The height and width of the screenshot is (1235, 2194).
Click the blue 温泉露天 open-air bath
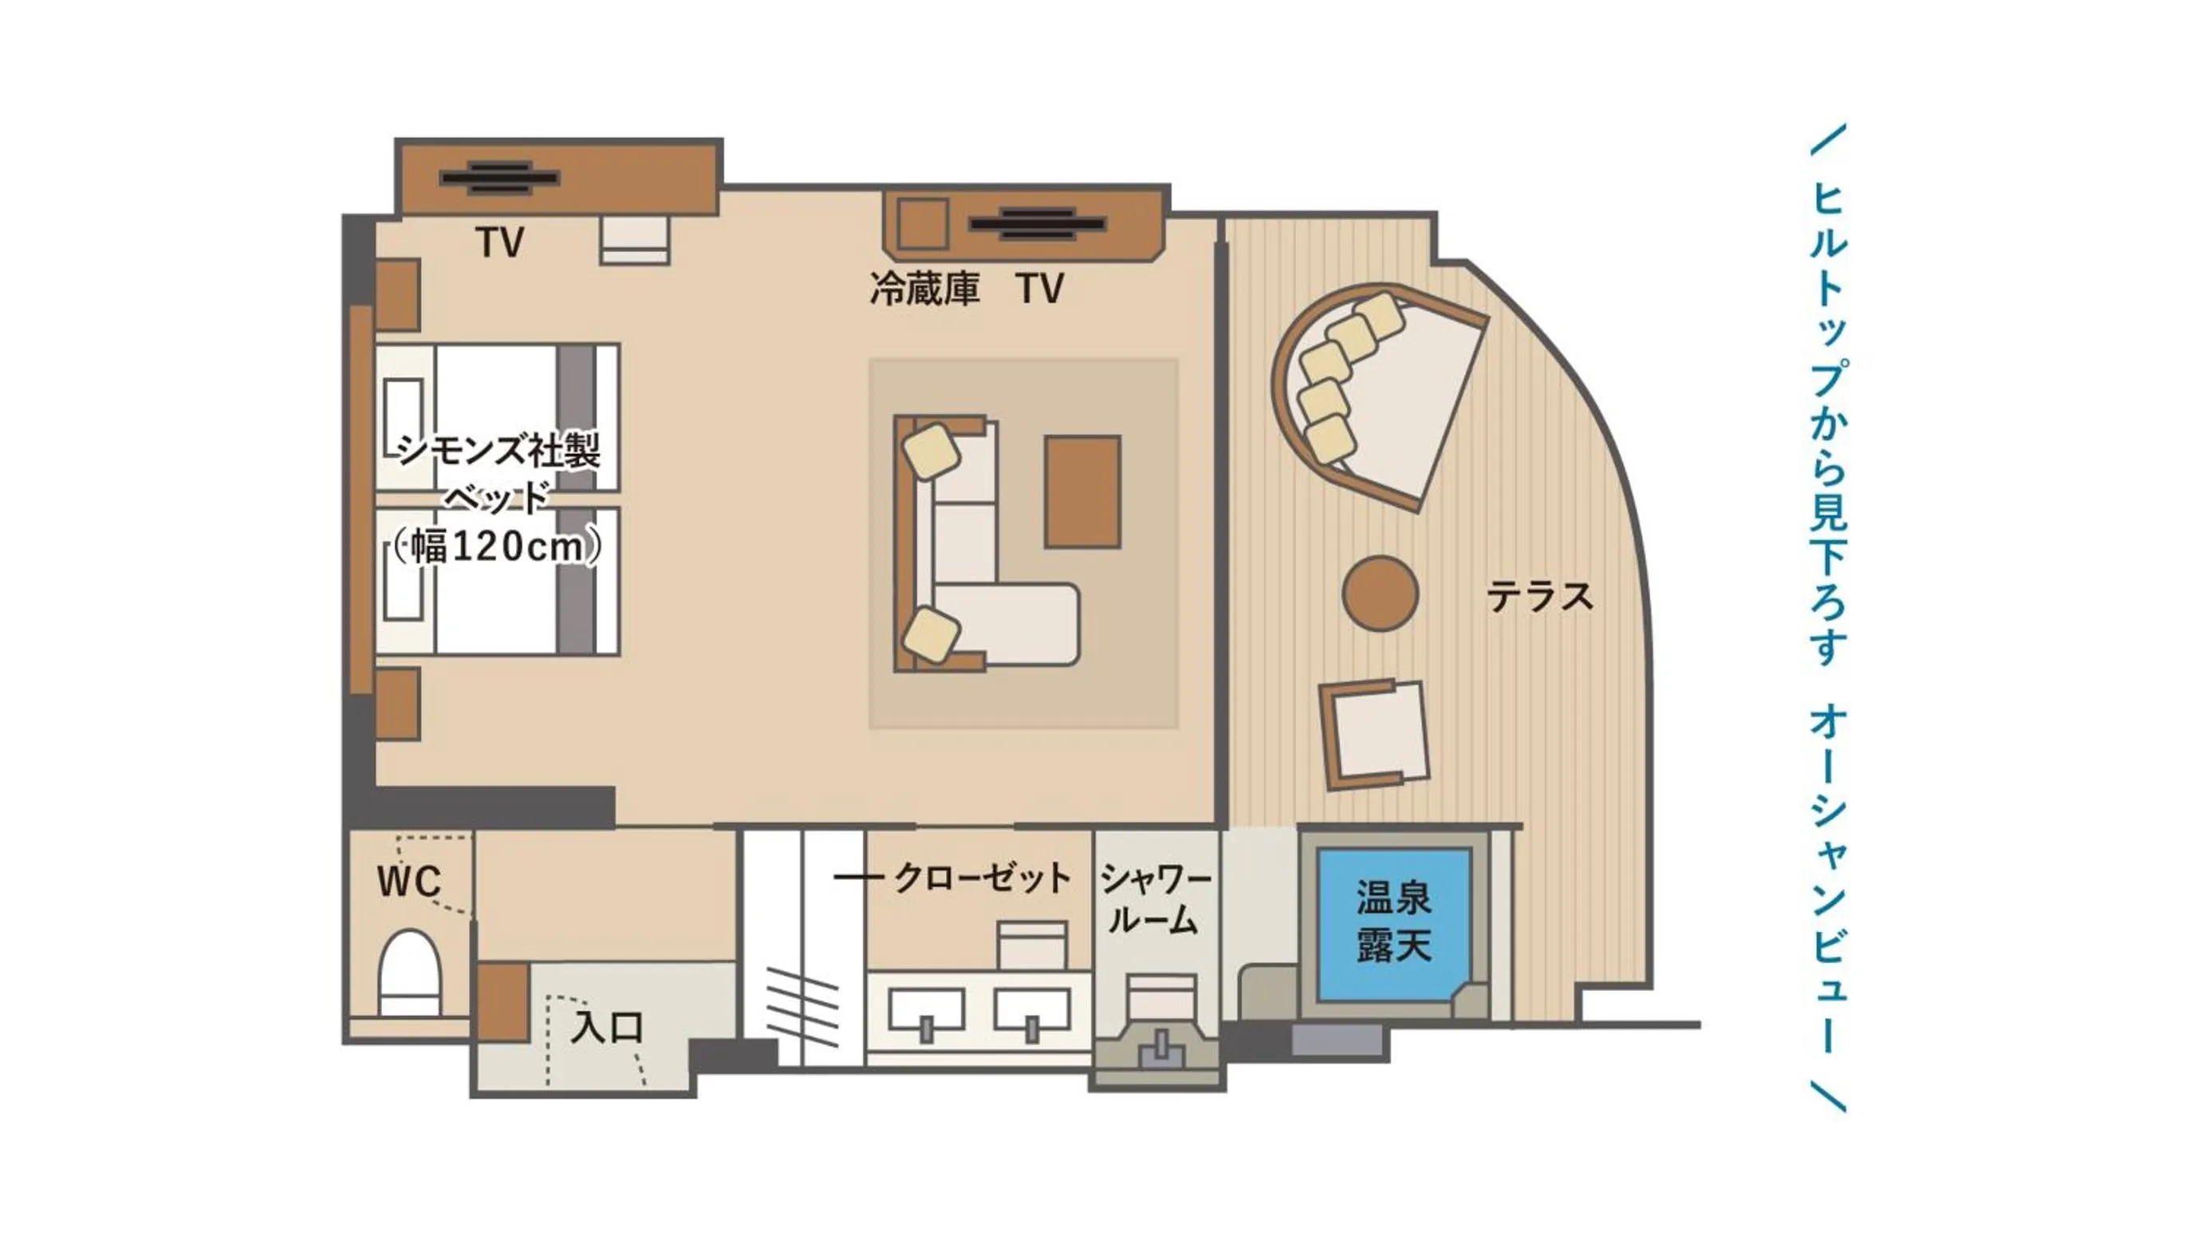coord(1393,923)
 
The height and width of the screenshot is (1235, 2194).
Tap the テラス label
coord(1539,596)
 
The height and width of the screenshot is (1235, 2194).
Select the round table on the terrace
coord(1380,594)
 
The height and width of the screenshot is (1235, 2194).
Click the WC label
coord(410,882)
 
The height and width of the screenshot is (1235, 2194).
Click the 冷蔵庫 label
coord(924,289)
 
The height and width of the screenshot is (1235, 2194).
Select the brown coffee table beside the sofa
coord(1082,491)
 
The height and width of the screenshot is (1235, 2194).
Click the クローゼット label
coord(981,878)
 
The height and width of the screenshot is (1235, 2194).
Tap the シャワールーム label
coord(1154,899)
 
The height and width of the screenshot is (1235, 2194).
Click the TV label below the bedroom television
coord(500,243)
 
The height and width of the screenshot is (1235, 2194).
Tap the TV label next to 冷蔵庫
coord(1039,289)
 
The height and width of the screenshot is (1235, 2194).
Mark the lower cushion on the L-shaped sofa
coord(931,634)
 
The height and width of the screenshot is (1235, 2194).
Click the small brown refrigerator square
coord(924,224)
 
